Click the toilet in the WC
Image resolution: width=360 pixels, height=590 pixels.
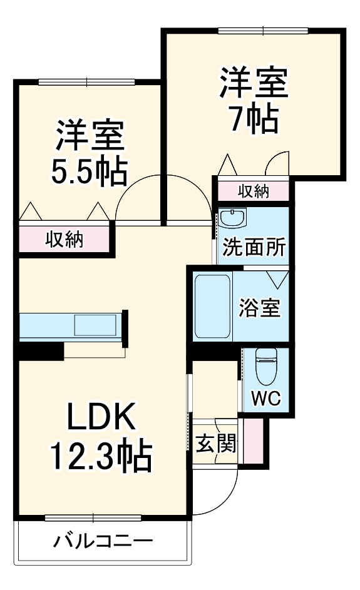click(x=266, y=367)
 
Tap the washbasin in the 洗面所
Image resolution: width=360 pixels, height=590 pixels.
click(x=232, y=217)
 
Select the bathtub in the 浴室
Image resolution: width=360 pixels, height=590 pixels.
click(x=213, y=307)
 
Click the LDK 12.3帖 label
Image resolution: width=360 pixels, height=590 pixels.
click(x=101, y=435)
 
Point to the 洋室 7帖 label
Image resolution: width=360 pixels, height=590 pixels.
click(x=255, y=100)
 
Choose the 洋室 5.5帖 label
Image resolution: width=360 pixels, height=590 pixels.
click(x=89, y=153)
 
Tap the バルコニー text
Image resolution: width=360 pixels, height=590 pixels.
click(x=103, y=541)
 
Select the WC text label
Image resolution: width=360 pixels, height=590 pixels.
click(x=266, y=398)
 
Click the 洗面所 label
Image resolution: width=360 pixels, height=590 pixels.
click(x=254, y=247)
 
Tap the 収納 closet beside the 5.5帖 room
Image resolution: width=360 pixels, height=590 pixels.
click(x=64, y=239)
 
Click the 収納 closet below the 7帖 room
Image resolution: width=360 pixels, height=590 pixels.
click(x=254, y=191)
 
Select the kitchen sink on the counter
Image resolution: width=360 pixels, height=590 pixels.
click(x=95, y=325)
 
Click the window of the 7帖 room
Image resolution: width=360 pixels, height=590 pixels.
click(x=263, y=31)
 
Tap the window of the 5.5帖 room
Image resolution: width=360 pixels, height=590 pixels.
click(x=86, y=82)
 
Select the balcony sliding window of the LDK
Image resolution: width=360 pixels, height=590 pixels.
click(x=93, y=518)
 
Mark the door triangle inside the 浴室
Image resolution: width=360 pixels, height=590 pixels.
click(x=277, y=279)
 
